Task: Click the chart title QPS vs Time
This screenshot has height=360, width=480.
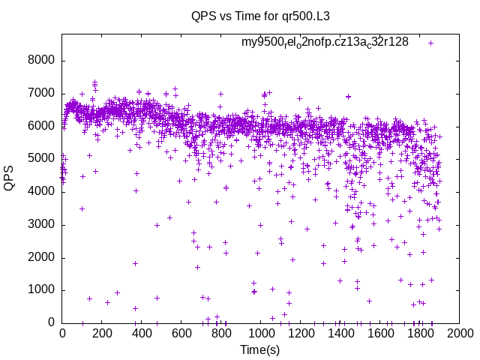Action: click(260, 15)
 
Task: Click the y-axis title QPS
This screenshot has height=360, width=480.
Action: click(10, 177)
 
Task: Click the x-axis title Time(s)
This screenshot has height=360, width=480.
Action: click(260, 349)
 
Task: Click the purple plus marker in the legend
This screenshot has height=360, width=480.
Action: click(430, 43)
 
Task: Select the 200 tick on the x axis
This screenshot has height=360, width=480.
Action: click(102, 333)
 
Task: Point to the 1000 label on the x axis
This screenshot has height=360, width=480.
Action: click(261, 333)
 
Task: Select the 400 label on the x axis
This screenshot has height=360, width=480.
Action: click(142, 333)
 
